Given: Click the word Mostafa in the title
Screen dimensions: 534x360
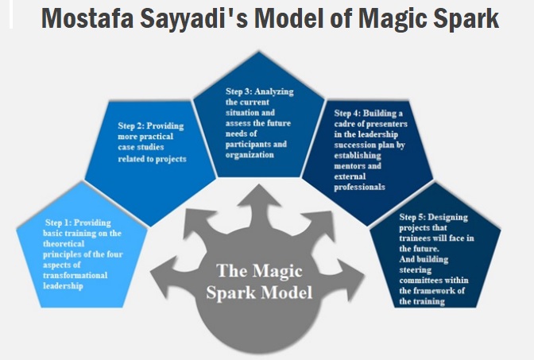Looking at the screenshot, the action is pyautogui.click(x=87, y=18).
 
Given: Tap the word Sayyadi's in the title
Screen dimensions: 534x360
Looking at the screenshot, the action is pyautogui.click(x=194, y=20).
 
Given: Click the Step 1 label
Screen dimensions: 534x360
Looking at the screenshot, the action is pyautogui.click(x=58, y=223).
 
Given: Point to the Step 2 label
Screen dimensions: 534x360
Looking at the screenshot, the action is pyautogui.click(x=131, y=126).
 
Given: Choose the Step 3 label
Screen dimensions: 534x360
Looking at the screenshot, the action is pyautogui.click(x=238, y=91).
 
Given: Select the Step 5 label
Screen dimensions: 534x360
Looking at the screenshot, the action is pyautogui.click(x=412, y=217).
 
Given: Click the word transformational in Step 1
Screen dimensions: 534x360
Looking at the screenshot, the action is pyautogui.click(x=75, y=275).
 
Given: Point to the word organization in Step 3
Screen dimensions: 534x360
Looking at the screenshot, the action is pyautogui.click(x=250, y=155).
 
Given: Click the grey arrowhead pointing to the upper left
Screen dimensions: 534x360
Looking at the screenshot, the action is pyautogui.click(x=197, y=222).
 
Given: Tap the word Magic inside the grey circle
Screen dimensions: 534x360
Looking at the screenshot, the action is pyautogui.click(x=277, y=272).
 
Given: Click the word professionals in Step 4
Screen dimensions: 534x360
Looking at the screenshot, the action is pyautogui.click(x=359, y=188).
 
